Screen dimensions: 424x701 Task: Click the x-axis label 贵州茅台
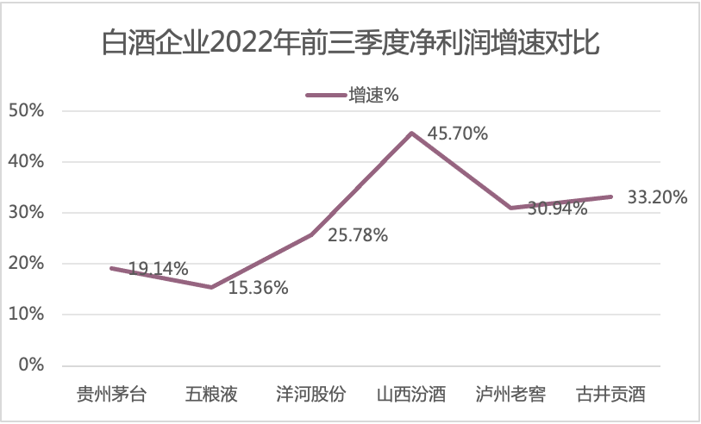coord(111,396)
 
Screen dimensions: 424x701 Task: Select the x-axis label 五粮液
coord(211,396)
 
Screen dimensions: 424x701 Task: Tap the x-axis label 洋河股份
coord(311,396)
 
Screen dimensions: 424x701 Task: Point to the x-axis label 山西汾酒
coord(411,396)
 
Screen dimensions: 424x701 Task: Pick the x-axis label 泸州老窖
coord(511,396)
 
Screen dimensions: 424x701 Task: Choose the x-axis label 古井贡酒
coord(611,396)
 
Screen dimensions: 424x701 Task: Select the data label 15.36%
coord(258,288)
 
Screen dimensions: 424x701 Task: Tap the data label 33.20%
coord(657,197)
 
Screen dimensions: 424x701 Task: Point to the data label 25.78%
coord(358,234)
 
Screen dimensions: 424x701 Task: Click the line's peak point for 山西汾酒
coord(411,133)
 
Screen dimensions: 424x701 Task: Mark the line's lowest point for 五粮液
coord(211,287)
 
